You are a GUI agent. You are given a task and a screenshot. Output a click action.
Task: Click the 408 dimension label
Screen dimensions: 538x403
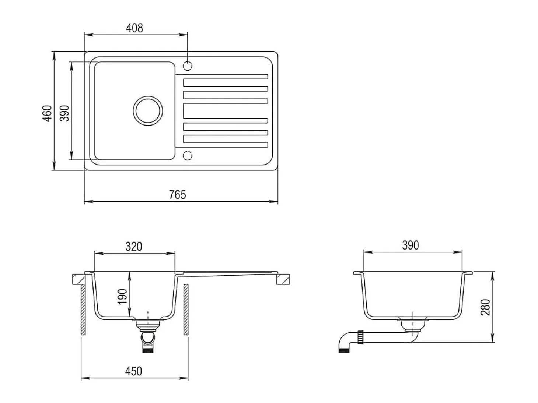point(134,28)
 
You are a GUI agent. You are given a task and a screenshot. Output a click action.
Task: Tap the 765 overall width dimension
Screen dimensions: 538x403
point(178,195)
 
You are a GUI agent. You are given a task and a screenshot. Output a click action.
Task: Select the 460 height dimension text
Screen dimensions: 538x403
point(47,113)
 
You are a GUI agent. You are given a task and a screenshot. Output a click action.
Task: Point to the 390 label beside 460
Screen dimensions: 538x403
point(65,113)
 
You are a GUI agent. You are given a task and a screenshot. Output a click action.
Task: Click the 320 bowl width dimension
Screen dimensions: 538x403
point(134,247)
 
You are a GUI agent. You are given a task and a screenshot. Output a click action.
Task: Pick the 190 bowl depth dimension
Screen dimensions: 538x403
point(123,297)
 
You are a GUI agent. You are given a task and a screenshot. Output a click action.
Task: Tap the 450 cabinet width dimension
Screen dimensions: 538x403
point(133,371)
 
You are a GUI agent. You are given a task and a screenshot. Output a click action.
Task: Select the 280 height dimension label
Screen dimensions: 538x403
point(485,307)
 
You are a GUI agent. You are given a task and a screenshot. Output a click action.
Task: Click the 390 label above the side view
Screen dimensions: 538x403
point(411,245)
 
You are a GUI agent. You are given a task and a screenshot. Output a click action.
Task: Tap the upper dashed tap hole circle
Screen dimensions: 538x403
point(188,66)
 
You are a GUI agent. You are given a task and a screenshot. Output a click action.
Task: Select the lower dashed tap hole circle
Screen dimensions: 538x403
point(188,156)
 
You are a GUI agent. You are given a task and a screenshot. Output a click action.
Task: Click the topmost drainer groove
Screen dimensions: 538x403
point(222,77)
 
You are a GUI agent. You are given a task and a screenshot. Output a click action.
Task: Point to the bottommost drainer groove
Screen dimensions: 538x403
point(222,145)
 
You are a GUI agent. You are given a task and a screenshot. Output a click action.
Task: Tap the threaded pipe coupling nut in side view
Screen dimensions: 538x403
point(360,337)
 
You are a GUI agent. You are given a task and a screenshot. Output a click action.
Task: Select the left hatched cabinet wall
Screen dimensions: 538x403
point(84,310)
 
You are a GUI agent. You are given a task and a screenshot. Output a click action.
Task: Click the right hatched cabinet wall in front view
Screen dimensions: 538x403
point(186,310)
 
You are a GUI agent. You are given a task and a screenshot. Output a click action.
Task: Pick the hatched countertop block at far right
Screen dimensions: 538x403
point(283,279)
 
